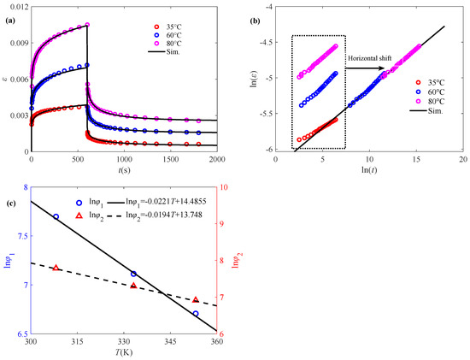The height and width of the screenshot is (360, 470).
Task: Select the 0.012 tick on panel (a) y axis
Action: click(x=17, y=7)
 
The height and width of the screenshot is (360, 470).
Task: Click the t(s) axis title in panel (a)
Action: click(x=123, y=170)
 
